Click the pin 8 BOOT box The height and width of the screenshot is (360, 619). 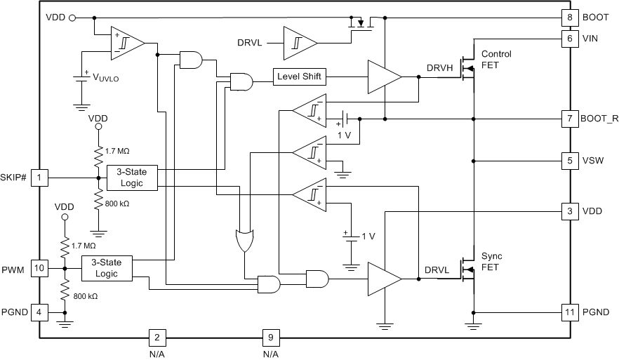568,18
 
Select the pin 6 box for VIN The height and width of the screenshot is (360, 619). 568,39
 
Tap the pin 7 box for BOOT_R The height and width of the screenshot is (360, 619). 568,119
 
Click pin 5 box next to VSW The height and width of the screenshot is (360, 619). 568,161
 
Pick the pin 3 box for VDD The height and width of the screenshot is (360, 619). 568,211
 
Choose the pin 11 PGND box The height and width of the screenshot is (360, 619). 568,312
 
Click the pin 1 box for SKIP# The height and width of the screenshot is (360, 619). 40,178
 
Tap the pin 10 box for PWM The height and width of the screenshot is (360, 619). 40,268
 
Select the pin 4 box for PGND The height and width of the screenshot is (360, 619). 40,312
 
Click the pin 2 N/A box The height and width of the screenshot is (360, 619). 156,338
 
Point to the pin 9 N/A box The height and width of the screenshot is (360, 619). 270,338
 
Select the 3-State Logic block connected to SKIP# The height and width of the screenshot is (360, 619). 131,178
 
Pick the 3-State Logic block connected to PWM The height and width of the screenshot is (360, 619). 107,268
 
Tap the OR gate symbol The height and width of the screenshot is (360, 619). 245,241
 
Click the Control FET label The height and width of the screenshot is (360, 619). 495,60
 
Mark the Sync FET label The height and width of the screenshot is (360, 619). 491,261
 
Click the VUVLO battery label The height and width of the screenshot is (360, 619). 105,79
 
